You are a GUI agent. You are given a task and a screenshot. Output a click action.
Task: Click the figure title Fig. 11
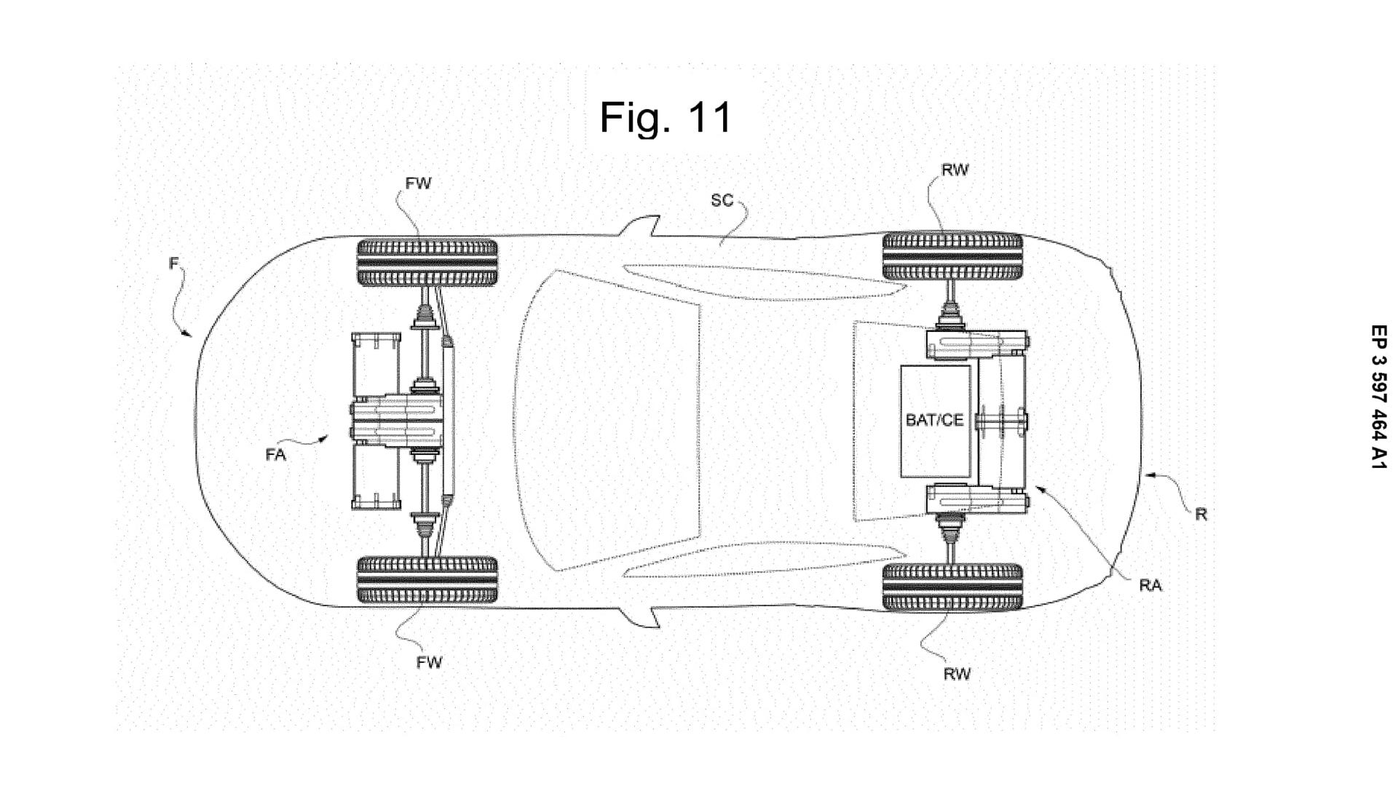(x=666, y=117)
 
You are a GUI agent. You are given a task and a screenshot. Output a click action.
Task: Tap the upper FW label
(x=419, y=183)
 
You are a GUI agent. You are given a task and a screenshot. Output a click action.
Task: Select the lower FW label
(x=430, y=662)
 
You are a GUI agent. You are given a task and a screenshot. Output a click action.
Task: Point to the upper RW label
(x=955, y=170)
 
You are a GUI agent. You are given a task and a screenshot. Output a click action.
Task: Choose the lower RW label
(x=957, y=674)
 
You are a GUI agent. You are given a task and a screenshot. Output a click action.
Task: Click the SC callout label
(x=722, y=200)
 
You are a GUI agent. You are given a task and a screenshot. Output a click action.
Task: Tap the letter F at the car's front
(x=173, y=263)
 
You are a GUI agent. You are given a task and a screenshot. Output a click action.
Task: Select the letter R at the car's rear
(x=1201, y=515)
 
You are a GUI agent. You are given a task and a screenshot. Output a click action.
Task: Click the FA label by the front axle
(x=276, y=455)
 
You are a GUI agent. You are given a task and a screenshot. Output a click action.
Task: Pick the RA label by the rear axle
(x=1150, y=586)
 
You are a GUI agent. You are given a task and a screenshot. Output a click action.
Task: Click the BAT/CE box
(x=935, y=421)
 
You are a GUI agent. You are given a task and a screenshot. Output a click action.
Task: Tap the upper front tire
(x=427, y=262)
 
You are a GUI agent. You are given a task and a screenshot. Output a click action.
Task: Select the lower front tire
(x=427, y=580)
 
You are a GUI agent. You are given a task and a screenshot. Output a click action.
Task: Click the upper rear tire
(x=952, y=256)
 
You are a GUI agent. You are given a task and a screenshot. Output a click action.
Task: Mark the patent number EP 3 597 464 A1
(x=1378, y=396)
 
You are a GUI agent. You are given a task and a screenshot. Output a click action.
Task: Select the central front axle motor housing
(x=397, y=421)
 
